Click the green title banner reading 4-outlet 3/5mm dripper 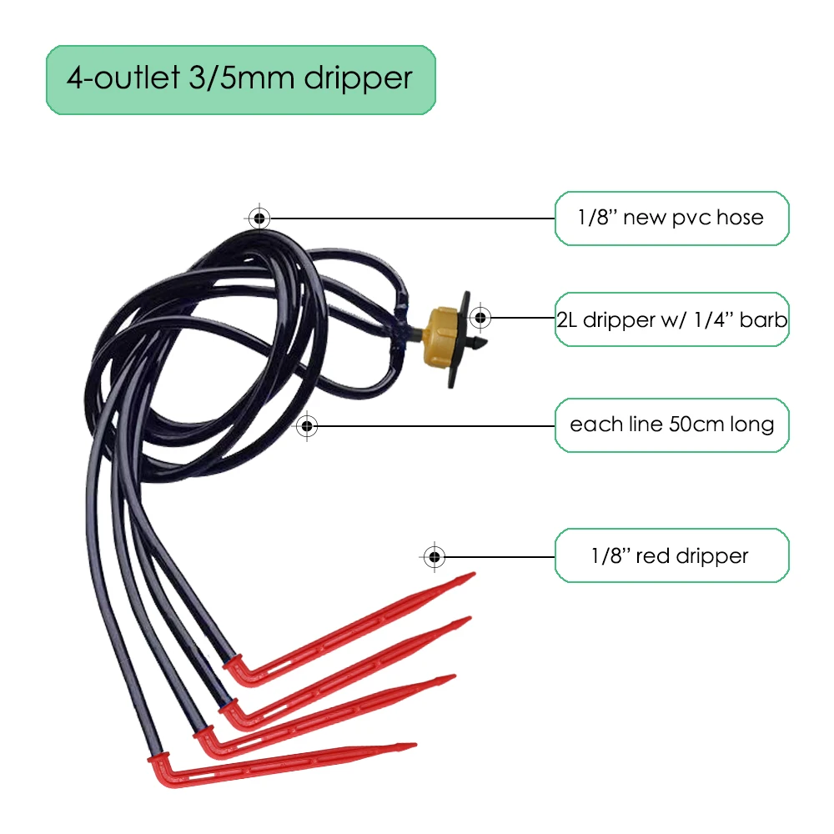[x=240, y=79]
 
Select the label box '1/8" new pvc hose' [x=671, y=219]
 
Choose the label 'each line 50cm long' [x=671, y=425]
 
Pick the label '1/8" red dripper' [x=671, y=555]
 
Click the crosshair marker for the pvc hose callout [x=259, y=219]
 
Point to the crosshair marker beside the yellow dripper [x=480, y=317]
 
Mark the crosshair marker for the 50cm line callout [x=308, y=426]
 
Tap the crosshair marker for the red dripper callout [x=434, y=555]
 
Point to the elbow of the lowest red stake [x=158, y=771]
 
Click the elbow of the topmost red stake [x=236, y=671]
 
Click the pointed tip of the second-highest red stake [x=469, y=619]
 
